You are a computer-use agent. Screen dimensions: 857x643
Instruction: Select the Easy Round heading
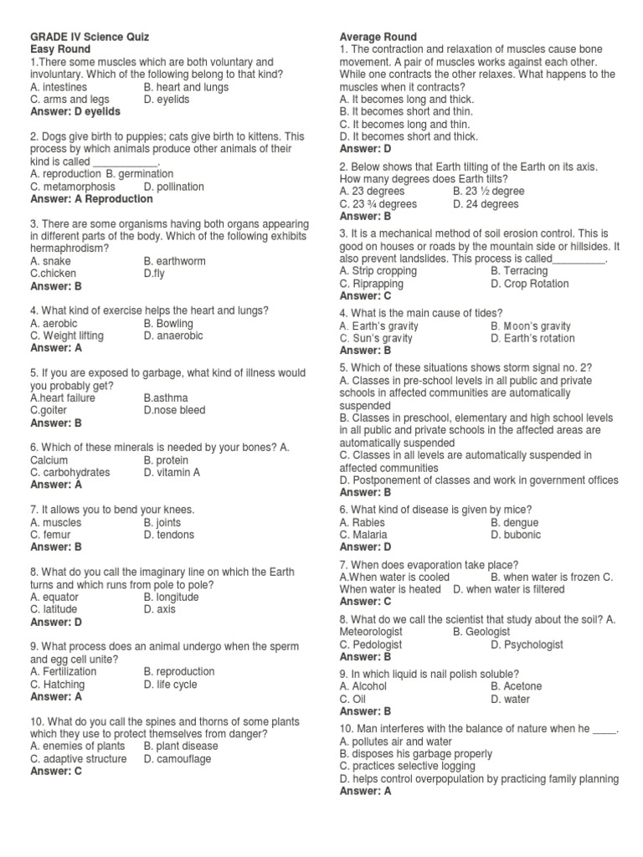[x=60, y=50]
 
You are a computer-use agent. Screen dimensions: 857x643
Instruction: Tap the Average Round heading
[x=378, y=38]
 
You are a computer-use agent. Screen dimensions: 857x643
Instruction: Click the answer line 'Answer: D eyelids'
[x=75, y=111]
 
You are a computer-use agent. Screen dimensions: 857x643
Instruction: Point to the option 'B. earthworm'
[x=174, y=261]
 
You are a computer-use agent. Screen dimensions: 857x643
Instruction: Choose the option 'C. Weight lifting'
[x=67, y=336]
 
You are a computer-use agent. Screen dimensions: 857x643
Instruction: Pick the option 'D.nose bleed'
[x=174, y=410]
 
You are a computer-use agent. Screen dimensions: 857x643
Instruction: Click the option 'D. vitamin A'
[x=172, y=472]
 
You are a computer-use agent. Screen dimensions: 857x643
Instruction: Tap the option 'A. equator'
[x=54, y=598]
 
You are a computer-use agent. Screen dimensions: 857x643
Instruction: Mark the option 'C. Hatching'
[x=58, y=684]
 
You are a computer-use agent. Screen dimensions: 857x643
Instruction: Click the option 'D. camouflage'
[x=177, y=759]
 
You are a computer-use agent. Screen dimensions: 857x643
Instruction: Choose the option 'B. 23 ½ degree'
[x=489, y=192]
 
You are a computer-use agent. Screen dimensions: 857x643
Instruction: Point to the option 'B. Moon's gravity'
[x=531, y=326]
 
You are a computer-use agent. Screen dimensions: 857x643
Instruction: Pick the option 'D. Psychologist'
[x=527, y=645]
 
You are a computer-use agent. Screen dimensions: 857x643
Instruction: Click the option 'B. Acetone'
[x=517, y=686]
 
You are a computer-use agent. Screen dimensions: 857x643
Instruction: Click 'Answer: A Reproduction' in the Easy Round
[x=91, y=199]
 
